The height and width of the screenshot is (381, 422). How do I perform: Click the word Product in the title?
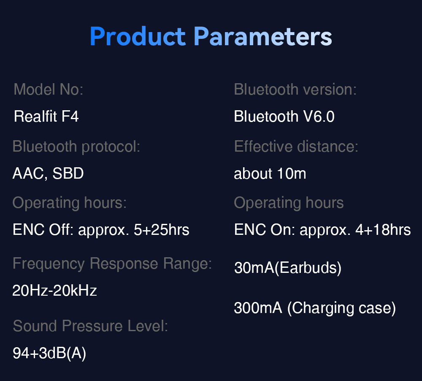(x=138, y=36)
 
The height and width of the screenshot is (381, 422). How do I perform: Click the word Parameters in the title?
(x=263, y=36)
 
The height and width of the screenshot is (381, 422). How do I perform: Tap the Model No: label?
(x=49, y=89)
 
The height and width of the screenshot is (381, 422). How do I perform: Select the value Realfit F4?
(x=46, y=116)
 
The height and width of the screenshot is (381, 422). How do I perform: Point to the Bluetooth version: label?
(x=295, y=89)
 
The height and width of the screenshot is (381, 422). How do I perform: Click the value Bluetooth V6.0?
(x=284, y=116)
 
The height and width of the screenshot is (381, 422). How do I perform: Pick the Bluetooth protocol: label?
(x=76, y=147)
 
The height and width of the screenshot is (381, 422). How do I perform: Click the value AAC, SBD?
(x=48, y=173)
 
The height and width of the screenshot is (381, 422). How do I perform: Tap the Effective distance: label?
(x=296, y=146)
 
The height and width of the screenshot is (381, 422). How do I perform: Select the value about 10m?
(x=270, y=173)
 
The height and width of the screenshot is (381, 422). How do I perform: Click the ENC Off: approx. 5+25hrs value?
(x=101, y=230)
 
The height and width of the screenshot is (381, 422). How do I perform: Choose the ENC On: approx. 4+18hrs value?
(x=322, y=230)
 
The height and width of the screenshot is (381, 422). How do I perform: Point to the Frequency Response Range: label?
(x=112, y=264)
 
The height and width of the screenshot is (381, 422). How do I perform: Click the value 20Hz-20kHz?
(x=54, y=291)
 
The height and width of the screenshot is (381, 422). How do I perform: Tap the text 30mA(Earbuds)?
(x=288, y=268)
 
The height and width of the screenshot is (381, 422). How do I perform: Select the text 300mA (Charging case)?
(x=315, y=308)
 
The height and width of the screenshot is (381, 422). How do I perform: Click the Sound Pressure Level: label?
(x=90, y=326)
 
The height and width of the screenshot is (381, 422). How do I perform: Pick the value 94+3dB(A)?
(x=49, y=353)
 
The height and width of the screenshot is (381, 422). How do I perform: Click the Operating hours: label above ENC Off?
(x=70, y=203)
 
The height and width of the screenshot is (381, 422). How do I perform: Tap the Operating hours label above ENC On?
(x=289, y=203)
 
